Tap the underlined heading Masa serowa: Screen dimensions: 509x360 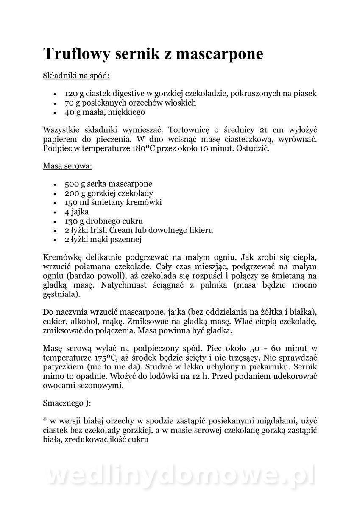pyautogui.click(x=67, y=166)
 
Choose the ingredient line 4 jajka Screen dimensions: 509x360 pyautogui.click(x=76, y=212)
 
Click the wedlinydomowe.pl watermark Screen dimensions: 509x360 pyautogui.click(x=181, y=475)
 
